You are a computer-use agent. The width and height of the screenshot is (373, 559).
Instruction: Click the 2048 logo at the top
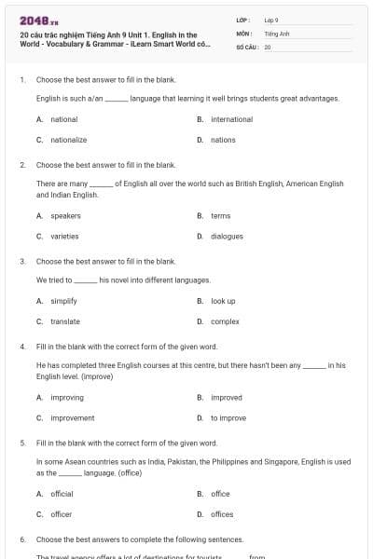(x=35, y=20)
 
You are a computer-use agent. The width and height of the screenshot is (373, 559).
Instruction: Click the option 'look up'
(x=223, y=301)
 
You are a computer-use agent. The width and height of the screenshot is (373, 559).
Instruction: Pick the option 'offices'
(x=221, y=514)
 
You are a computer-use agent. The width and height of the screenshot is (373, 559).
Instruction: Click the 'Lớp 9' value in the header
(x=271, y=20)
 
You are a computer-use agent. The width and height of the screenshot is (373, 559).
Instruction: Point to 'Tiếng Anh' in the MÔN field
(x=277, y=33)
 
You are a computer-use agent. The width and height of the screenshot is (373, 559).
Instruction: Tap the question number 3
(x=21, y=262)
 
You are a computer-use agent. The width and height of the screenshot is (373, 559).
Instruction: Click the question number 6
(x=21, y=539)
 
